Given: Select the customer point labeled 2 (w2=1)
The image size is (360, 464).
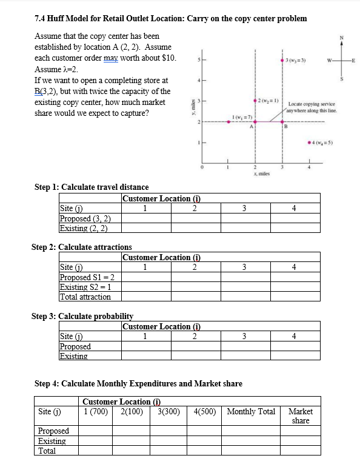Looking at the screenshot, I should tap(255, 100).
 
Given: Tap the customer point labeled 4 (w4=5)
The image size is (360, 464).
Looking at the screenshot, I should tap(308, 143).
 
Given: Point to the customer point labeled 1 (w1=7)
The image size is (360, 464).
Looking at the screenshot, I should tap(228, 121).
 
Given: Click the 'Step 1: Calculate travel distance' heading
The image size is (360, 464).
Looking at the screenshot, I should tap(92, 187).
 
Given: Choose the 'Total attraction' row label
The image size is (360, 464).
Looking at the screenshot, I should tap(85, 297).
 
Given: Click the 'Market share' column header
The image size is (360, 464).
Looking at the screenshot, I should tap(301, 415).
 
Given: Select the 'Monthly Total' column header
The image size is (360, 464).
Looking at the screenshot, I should tap(251, 411).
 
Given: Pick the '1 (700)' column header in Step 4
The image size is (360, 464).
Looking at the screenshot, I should tap(95, 411).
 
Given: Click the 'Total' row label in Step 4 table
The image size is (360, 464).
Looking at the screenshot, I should tap(47, 451).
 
